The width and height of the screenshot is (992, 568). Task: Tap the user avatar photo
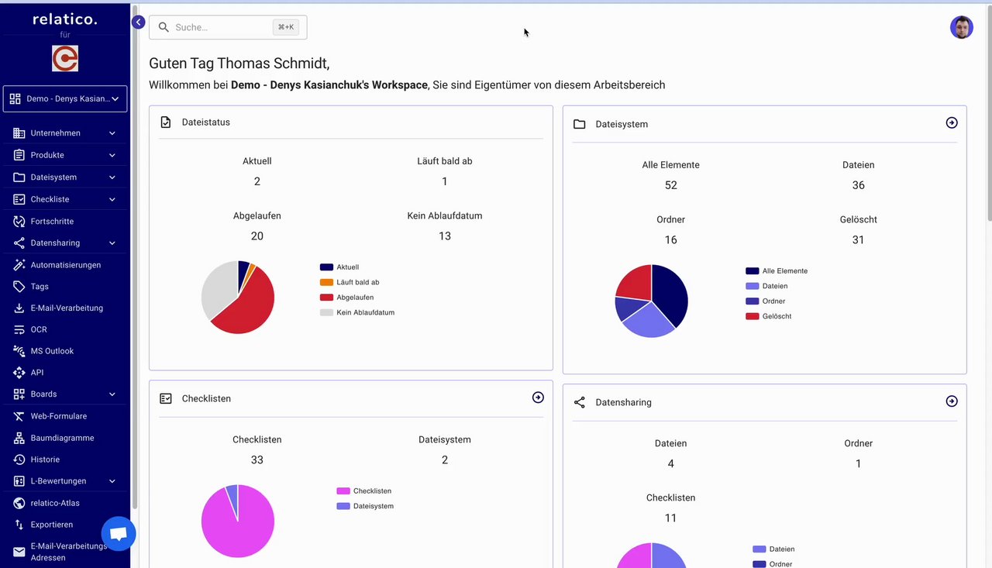pyautogui.click(x=961, y=27)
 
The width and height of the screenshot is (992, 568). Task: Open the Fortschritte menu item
pyautogui.click(x=52, y=221)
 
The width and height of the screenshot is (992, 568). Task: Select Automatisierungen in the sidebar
pyautogui.click(x=66, y=265)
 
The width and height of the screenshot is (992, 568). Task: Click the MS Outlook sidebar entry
pyautogui.click(x=52, y=351)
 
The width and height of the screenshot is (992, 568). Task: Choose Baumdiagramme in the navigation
pyautogui.click(x=62, y=438)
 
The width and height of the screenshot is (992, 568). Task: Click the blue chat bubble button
pyautogui.click(x=119, y=534)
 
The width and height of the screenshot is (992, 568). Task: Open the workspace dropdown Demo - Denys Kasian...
pyautogui.click(x=65, y=98)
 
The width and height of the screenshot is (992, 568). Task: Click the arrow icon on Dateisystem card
pyautogui.click(x=952, y=122)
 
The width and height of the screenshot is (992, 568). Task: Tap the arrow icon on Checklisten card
pyautogui.click(x=538, y=398)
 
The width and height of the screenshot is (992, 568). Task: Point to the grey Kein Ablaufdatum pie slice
pyautogui.click(x=217, y=287)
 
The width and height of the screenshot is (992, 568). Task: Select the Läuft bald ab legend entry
pyautogui.click(x=357, y=282)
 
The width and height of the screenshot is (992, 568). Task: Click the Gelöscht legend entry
pyautogui.click(x=777, y=316)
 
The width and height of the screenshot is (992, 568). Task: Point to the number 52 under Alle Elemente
pyautogui.click(x=670, y=185)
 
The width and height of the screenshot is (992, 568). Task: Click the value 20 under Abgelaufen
pyautogui.click(x=257, y=236)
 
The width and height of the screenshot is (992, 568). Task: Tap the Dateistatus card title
pyautogui.click(x=205, y=122)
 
